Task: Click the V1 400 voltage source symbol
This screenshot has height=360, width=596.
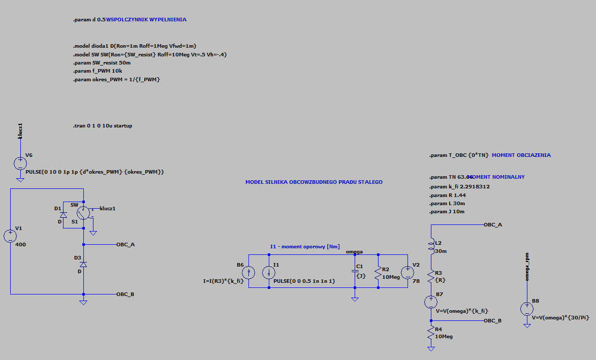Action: point(10,236)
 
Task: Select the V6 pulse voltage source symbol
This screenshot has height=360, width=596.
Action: point(20,163)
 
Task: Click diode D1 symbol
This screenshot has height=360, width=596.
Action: point(64,215)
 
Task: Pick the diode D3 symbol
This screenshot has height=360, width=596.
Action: point(84,265)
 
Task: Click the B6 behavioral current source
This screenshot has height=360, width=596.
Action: point(249,272)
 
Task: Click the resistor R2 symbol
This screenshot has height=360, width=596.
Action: point(379,273)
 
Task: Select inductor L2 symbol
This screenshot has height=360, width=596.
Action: point(431,246)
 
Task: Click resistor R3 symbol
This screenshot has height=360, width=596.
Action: point(431,277)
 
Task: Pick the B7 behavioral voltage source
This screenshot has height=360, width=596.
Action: point(431,302)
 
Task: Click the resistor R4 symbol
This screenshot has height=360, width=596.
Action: point(431,334)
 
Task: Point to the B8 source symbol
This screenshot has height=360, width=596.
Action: point(527,308)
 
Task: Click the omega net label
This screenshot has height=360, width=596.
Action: point(354,251)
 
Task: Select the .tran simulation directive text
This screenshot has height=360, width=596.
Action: point(103,125)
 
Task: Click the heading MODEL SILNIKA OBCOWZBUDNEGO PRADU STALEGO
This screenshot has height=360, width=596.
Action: point(314,182)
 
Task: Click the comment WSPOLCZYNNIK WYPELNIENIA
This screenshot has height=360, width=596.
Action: point(146,19)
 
